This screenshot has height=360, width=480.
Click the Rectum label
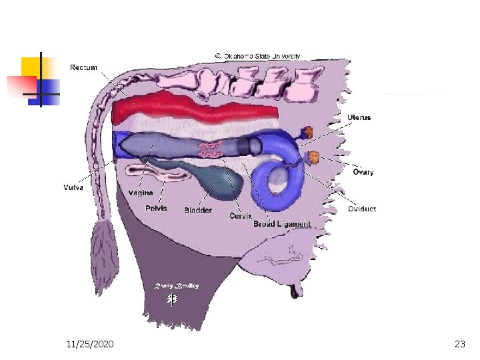84,67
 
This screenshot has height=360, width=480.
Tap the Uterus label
359,117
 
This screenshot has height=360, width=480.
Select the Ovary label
363,172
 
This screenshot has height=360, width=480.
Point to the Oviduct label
362,209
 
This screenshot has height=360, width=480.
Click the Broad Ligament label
282,224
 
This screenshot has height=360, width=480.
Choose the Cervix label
240,216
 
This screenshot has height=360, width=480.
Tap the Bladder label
198,210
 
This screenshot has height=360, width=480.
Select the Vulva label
73,187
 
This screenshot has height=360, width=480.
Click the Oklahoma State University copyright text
257,56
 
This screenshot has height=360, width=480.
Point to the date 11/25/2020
90,344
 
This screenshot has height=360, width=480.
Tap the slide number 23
459,344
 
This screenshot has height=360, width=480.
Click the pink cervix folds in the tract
211,149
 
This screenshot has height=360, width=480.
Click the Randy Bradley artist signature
177,286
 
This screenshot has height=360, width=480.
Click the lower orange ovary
314,158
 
